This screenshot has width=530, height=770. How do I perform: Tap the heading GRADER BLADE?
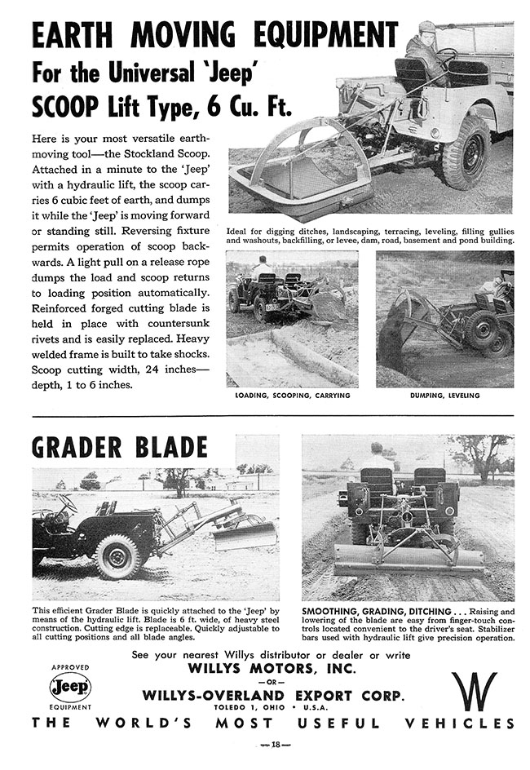[119, 447]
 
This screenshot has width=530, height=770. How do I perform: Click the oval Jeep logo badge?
[70, 687]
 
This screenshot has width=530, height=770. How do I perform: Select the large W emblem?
[475, 691]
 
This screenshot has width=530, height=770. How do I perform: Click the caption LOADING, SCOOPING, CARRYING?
[292, 396]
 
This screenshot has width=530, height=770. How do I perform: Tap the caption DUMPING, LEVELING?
[445, 396]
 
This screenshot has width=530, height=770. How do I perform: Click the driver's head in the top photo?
[427, 29]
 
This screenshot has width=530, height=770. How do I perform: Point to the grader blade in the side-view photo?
[245, 536]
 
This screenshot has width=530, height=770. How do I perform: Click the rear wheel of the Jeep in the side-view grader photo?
[117, 555]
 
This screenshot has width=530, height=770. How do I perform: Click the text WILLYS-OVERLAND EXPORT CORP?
[272, 696]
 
